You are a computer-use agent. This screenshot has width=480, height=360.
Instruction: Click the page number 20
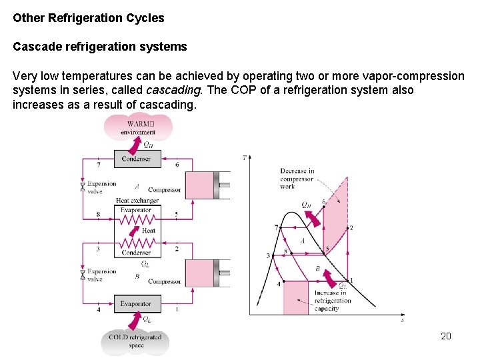[446, 336]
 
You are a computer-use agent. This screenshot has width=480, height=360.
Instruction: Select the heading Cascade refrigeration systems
[100, 47]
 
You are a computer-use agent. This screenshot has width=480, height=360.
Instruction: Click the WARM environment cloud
[138, 127]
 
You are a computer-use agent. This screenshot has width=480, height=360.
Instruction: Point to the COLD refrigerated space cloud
[136, 341]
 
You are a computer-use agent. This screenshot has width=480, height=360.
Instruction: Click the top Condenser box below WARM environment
[137, 159]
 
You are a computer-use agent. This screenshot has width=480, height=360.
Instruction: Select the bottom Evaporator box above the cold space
[136, 304]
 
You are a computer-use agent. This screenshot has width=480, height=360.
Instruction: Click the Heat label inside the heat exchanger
[149, 231]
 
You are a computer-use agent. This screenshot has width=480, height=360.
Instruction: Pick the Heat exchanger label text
[137, 200]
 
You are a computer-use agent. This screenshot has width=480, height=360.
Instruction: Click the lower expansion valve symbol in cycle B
[83, 275]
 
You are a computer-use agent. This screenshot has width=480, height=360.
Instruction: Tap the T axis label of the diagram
[245, 158]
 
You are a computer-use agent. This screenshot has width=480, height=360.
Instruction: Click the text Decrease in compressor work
[297, 179]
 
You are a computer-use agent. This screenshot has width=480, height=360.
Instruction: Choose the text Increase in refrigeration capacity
[331, 301]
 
